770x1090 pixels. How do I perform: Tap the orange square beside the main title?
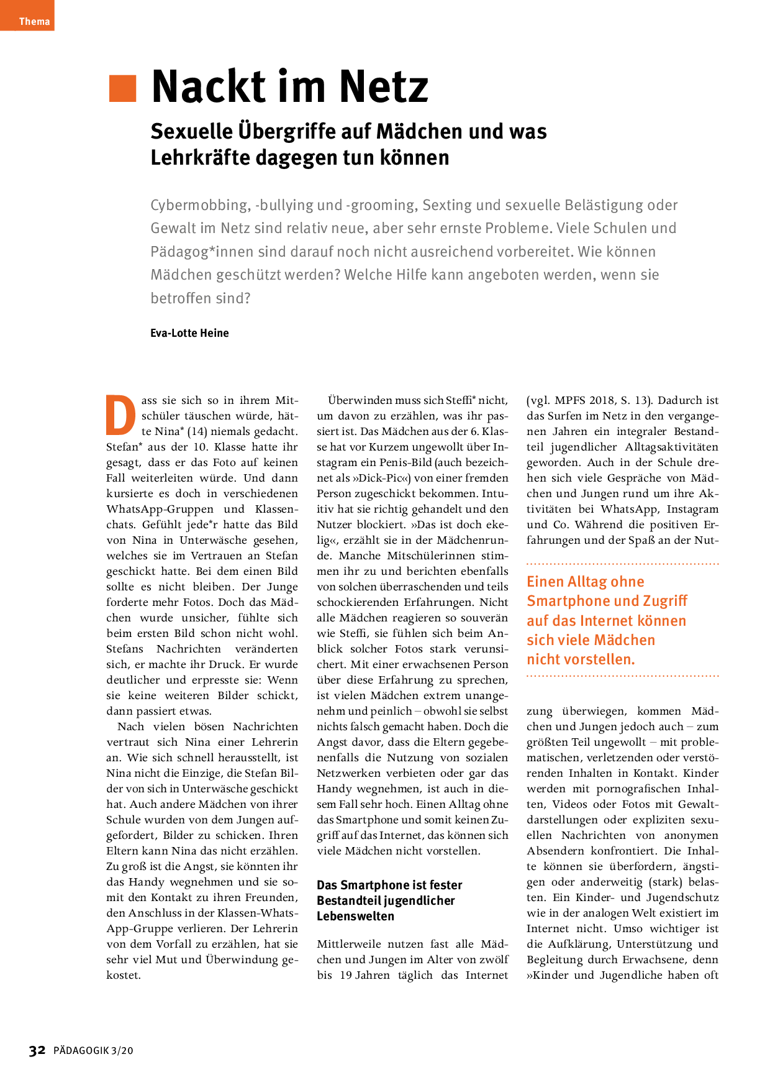(x=122, y=88)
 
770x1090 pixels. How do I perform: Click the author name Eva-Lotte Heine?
(x=189, y=333)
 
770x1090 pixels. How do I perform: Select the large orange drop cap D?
(x=120, y=415)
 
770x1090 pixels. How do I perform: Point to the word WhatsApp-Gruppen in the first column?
(x=160, y=509)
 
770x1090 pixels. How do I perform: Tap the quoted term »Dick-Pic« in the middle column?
(x=380, y=478)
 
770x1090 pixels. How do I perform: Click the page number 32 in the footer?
(x=37, y=1050)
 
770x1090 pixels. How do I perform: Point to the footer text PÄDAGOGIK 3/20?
(x=93, y=1051)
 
